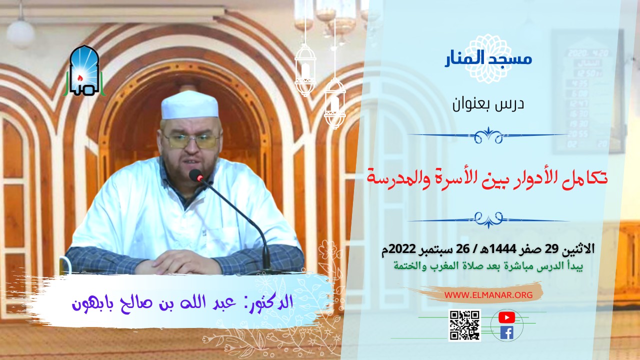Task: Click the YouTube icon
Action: pos(506,317)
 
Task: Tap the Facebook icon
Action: pos(506,332)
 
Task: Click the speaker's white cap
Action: pos(190,105)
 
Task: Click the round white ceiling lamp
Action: pos(20,32)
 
